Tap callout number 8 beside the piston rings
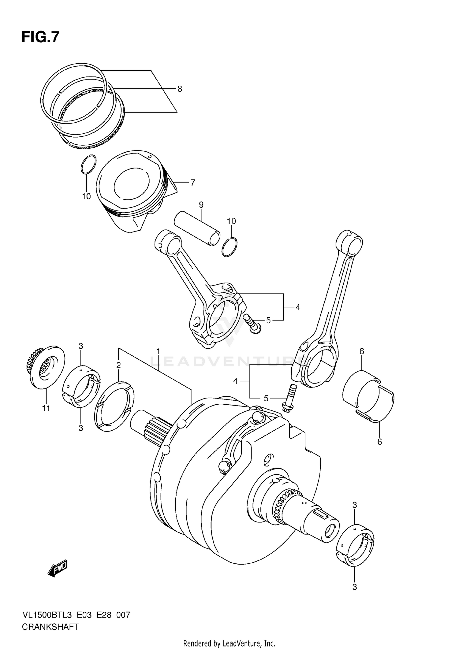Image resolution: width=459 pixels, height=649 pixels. click(180, 89)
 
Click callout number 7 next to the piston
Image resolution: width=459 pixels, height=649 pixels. click(192, 183)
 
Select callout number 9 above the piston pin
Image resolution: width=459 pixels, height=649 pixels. click(201, 205)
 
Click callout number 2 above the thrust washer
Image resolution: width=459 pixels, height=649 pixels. click(118, 365)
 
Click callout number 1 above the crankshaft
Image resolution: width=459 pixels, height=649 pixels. click(158, 351)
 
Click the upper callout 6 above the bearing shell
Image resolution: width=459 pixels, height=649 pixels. click(362, 351)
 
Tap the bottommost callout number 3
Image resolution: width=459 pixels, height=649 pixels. click(355, 587)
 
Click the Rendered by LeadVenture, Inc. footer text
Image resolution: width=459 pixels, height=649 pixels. click(229, 643)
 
